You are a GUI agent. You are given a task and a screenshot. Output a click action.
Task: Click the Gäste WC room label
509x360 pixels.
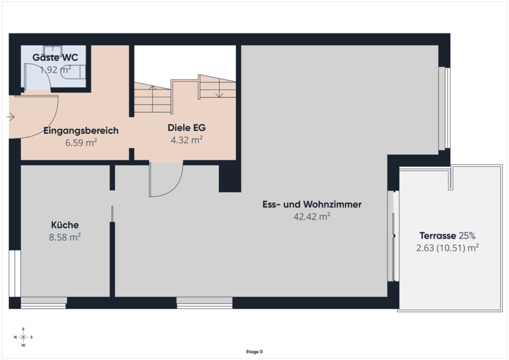(x=55, y=58)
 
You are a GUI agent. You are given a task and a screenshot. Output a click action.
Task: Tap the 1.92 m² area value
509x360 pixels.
(x=55, y=70)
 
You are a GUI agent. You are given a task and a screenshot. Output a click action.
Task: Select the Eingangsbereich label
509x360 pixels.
(x=81, y=131)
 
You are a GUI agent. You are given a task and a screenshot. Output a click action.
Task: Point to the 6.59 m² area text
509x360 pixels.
(x=81, y=143)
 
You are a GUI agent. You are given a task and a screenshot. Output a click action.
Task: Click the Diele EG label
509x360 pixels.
(x=187, y=128)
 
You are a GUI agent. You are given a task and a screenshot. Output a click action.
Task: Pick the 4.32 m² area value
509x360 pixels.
(x=187, y=140)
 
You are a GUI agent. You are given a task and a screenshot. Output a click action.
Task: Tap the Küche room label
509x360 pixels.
(x=65, y=225)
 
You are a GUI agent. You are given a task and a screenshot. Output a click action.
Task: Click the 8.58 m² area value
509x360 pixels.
(x=65, y=237)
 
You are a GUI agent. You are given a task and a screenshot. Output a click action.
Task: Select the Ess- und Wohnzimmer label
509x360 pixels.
(x=312, y=204)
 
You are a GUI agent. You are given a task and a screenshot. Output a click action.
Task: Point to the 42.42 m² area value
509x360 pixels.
(x=312, y=216)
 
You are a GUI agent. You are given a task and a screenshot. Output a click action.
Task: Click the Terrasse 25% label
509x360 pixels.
(x=447, y=235)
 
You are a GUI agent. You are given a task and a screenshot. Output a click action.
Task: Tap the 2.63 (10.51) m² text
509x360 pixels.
(x=447, y=248)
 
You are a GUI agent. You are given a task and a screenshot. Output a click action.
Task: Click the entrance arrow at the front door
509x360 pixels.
(x=11, y=117)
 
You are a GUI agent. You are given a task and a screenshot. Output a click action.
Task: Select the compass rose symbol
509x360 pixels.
(x=23, y=337)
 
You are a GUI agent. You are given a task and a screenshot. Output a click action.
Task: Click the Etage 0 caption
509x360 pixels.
(x=255, y=352)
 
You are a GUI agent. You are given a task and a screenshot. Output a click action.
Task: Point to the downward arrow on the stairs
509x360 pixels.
(x=219, y=88)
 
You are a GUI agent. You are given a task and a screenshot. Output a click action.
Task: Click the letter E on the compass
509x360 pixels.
(x=23, y=329)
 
